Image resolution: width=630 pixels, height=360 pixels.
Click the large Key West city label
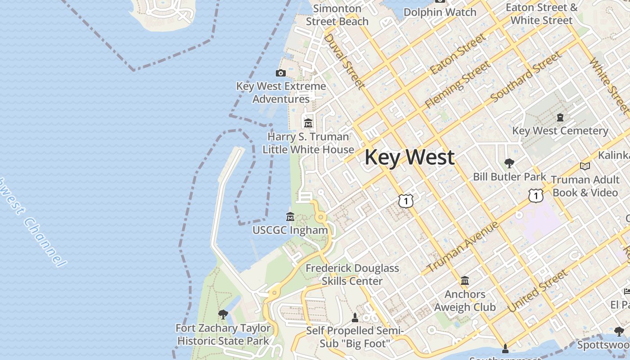409,157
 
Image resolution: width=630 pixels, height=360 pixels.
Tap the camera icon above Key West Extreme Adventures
280,73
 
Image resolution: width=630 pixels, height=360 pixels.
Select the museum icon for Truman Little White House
308,122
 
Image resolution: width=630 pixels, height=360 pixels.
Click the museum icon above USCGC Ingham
290,216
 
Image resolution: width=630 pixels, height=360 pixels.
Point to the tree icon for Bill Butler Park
509,163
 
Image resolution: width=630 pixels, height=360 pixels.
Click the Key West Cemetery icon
560,117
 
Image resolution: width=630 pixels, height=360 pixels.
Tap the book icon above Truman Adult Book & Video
585,166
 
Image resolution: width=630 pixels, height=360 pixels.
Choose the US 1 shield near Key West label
406,201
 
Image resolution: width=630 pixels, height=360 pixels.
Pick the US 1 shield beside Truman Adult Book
535,195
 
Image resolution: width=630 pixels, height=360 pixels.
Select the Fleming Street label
458,84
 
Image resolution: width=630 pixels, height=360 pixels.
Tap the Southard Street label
526,76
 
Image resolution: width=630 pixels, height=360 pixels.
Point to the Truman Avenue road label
462,247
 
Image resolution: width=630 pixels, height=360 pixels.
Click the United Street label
538,291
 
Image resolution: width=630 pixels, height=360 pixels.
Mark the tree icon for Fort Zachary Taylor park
223,314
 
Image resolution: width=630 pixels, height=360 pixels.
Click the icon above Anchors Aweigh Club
465,281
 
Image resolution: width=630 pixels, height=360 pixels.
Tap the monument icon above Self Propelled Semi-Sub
355,318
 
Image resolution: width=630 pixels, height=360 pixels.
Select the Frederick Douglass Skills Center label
352,274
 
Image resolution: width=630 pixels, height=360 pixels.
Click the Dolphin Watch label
440,12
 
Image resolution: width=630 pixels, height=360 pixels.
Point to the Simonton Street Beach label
337,15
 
